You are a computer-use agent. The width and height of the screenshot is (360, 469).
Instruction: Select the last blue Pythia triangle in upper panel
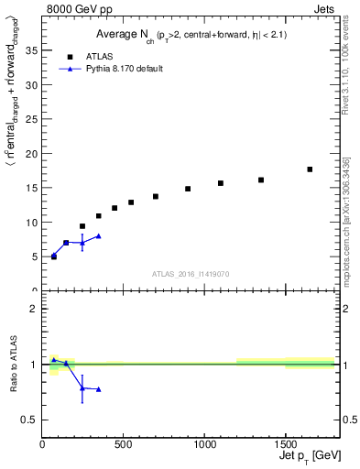(x=99, y=235)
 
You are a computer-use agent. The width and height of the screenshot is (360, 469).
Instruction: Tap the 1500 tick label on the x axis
(x=286, y=444)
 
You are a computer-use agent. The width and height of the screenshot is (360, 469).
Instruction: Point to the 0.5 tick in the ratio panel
(x=29, y=420)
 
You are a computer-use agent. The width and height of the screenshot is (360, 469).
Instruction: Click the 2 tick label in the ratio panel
(x=34, y=309)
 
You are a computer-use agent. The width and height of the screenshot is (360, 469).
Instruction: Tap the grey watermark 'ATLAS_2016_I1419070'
(x=191, y=273)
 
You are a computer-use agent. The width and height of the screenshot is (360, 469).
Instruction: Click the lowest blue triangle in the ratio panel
(x=99, y=389)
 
